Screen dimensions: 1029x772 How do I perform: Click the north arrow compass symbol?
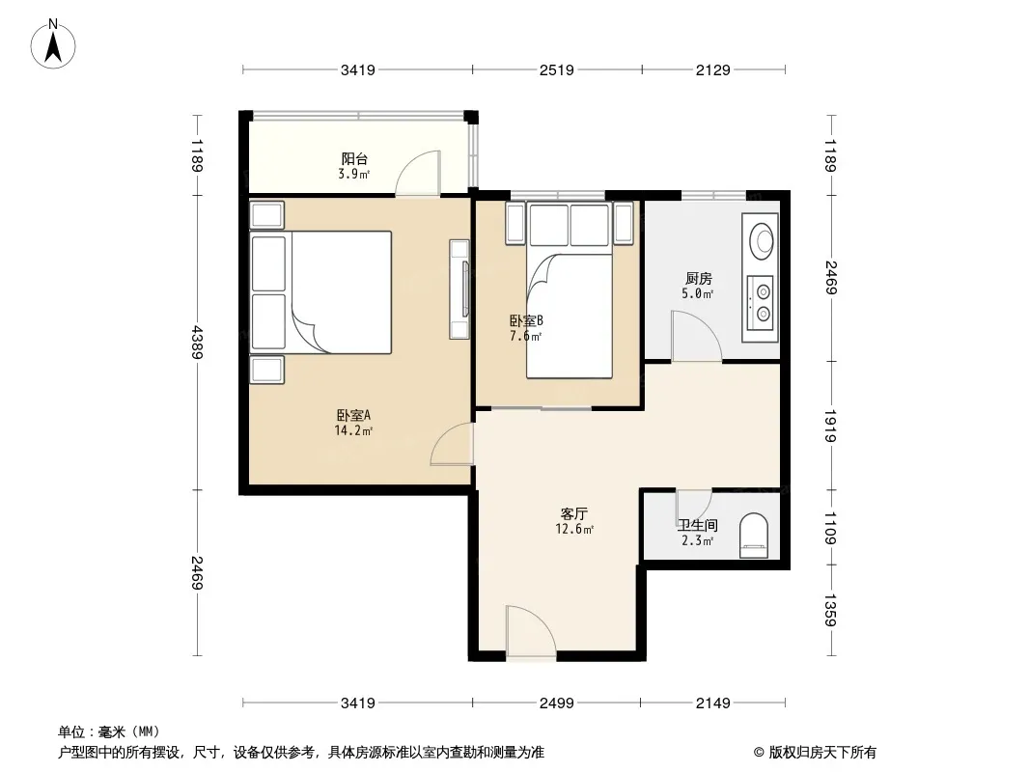[53, 44]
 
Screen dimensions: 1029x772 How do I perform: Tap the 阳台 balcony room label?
[354, 158]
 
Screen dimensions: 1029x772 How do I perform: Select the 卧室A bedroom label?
[353, 415]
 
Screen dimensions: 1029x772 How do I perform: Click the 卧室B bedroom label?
[526, 320]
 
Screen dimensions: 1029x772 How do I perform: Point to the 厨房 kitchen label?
[698, 279]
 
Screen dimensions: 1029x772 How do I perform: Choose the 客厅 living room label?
[574, 514]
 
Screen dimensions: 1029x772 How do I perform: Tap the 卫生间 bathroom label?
[698, 525]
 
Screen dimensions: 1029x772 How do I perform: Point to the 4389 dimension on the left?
[196, 342]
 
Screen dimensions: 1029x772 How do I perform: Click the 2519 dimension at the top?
[557, 69]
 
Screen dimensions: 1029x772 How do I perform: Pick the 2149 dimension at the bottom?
[712, 703]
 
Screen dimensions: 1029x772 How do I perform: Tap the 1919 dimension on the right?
[830, 426]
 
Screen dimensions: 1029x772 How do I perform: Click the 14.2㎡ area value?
[353, 431]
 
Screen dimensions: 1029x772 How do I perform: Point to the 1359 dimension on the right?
[830, 610]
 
